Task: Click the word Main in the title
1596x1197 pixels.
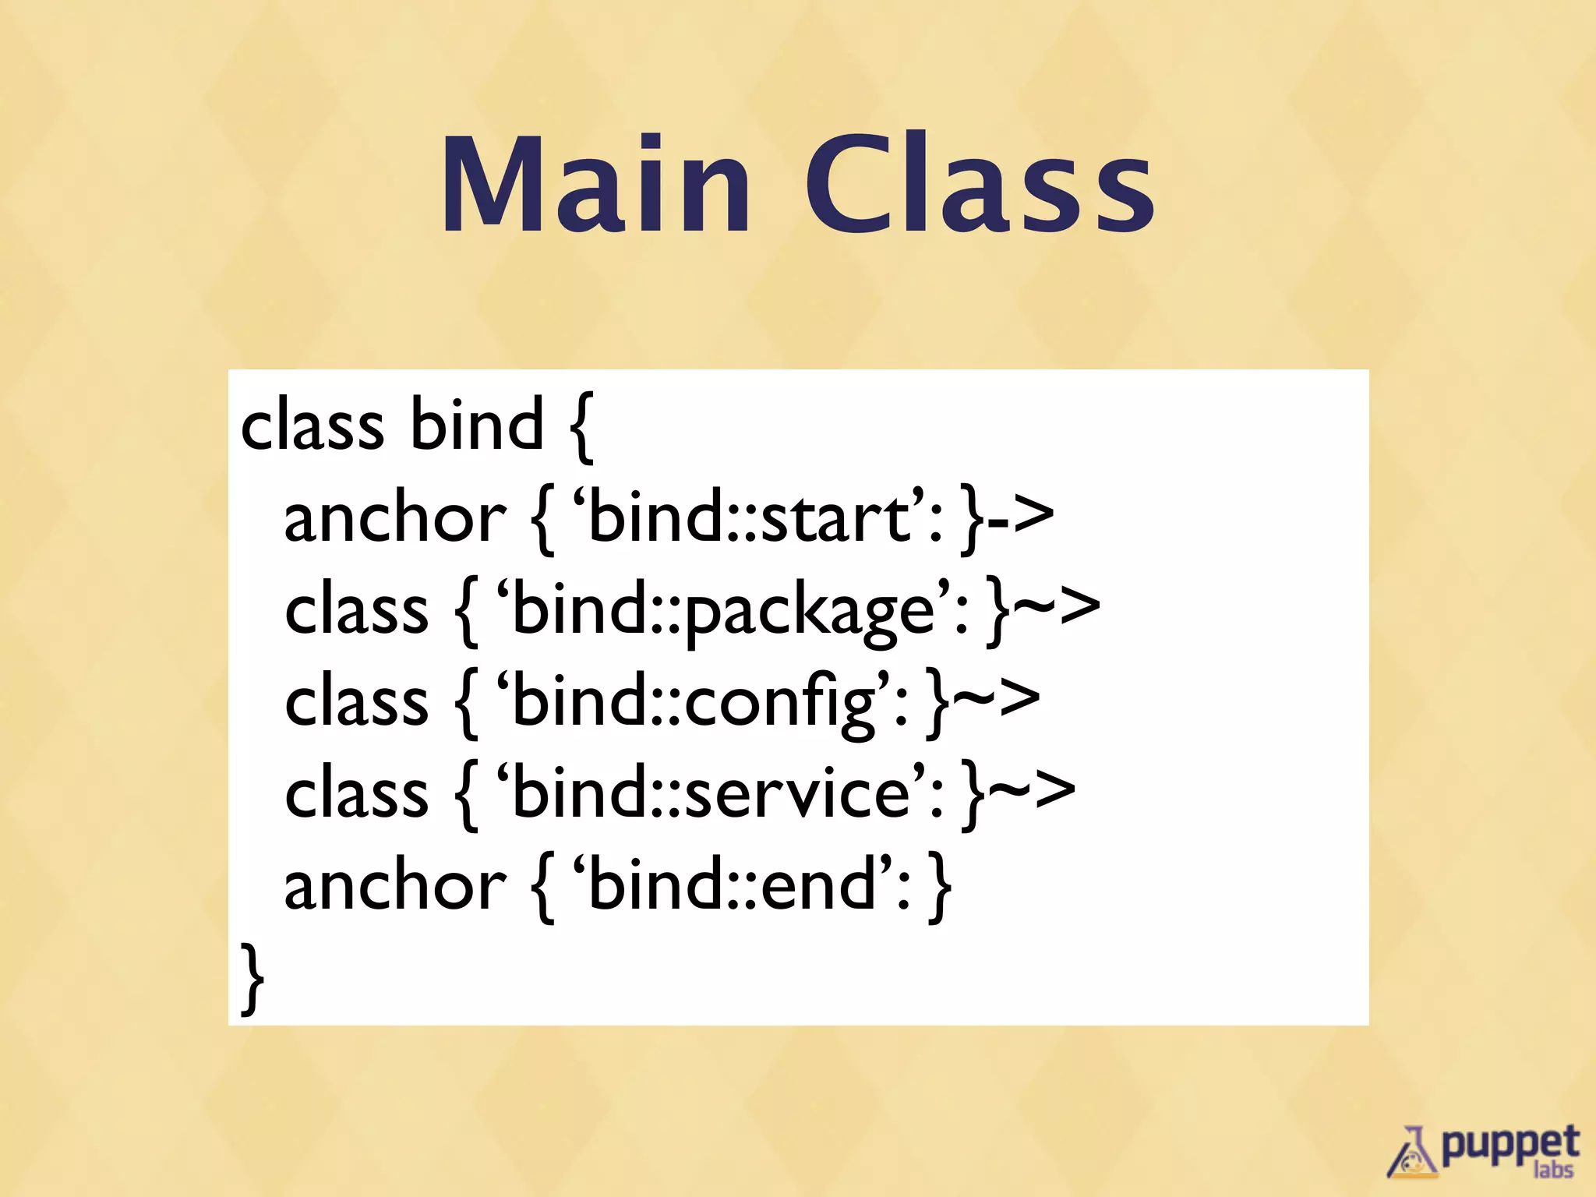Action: pyautogui.click(x=596, y=184)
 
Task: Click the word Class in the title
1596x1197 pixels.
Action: pyautogui.click(x=979, y=184)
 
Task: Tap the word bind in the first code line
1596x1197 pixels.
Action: pyautogui.click(x=476, y=425)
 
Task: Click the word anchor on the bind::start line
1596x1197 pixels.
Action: pyautogui.click(x=394, y=518)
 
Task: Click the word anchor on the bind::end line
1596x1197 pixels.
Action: pyautogui.click(x=394, y=886)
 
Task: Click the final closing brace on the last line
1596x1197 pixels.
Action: pyautogui.click(x=251, y=978)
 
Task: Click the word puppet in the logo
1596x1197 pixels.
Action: pyautogui.click(x=1509, y=1145)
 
